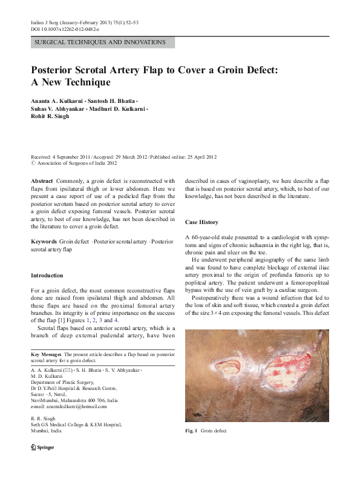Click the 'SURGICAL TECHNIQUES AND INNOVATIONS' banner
(100, 42)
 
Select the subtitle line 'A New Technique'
(70, 82)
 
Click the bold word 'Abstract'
(42, 180)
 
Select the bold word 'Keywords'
(44, 241)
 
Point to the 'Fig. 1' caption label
(191, 431)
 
